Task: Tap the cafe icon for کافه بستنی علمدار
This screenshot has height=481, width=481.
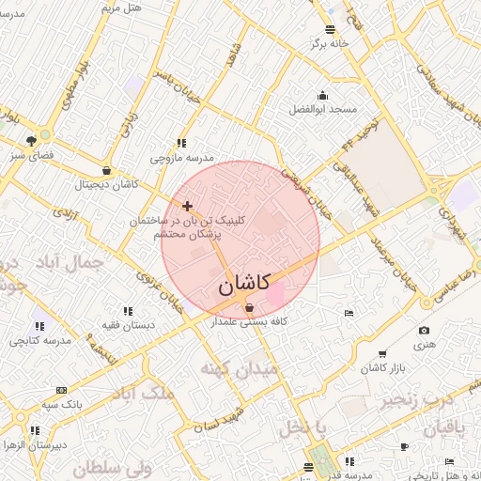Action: coord(249,307)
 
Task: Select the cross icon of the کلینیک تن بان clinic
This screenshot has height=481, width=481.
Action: coord(188,206)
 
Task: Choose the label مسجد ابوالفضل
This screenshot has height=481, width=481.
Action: coord(323,109)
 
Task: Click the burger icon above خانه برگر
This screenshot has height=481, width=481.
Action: coord(329,29)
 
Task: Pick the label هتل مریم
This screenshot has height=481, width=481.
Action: coord(120,8)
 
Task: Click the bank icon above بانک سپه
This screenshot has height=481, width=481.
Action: coord(62,390)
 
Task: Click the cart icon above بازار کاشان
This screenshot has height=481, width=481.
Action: coord(381,353)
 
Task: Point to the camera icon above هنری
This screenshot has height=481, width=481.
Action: coord(425,331)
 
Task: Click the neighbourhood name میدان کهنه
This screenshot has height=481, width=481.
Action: coord(238,369)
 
